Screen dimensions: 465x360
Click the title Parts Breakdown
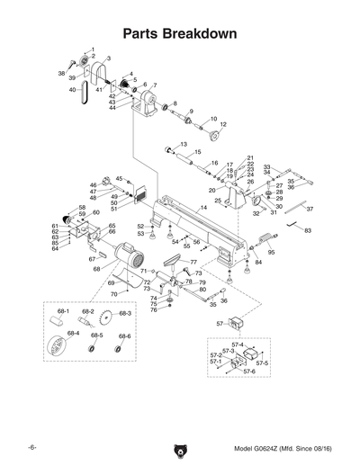pos(180,34)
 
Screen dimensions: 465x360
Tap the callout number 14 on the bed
pos(203,208)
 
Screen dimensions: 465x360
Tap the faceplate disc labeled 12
pos(216,136)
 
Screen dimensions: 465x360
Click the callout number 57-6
pos(249,371)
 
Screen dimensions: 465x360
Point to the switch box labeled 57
pos(237,323)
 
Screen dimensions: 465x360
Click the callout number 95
pos(271,253)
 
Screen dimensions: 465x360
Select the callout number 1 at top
pos(93,46)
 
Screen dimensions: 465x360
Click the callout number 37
pos(310,209)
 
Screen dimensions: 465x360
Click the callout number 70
pos(112,294)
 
